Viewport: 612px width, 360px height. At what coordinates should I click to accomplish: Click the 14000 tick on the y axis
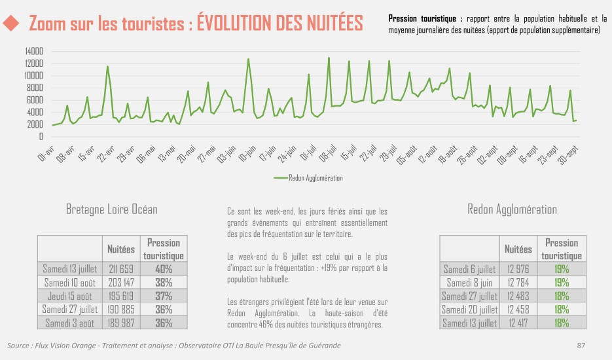tap(33, 51)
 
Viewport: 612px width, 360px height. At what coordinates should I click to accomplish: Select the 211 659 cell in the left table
tap(121, 269)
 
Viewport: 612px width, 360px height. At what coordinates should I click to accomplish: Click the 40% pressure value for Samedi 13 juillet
tap(164, 269)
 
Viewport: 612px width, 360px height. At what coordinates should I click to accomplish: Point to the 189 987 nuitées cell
tap(121, 323)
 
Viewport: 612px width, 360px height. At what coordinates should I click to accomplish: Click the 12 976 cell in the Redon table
tap(518, 269)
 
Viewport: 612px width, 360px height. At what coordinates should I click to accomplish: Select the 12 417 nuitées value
tap(518, 323)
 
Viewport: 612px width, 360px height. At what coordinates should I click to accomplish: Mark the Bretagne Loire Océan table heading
tap(112, 209)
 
